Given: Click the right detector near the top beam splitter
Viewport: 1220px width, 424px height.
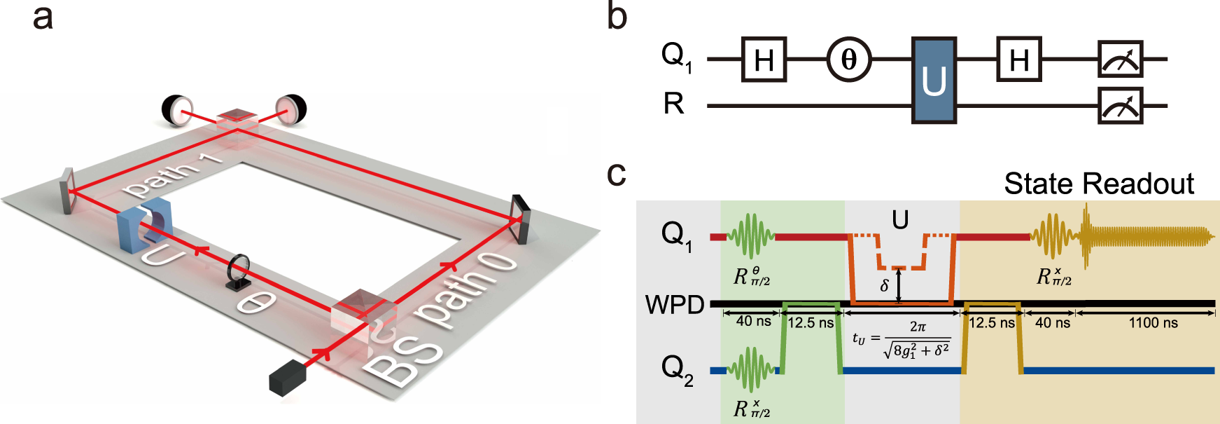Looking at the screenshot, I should (291, 109).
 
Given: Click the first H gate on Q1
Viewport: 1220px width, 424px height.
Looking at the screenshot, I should (764, 60).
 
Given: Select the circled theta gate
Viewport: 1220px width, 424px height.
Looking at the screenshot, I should (848, 60).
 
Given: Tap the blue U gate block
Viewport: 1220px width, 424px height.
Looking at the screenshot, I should (934, 81).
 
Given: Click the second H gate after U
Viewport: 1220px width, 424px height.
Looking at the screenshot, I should (1019, 60).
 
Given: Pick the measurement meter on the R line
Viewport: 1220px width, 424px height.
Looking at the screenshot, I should (1120, 106).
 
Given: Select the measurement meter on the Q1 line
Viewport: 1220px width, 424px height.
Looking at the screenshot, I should (1120, 60).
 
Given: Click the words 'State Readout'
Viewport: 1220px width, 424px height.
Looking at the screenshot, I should (1098, 184).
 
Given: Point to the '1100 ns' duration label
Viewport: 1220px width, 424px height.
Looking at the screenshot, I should (1153, 323).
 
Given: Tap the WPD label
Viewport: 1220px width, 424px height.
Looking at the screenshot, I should (674, 305).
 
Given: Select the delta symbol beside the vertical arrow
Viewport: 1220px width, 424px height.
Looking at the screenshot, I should (884, 285).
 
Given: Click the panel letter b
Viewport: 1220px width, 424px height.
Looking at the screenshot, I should (617, 17).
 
